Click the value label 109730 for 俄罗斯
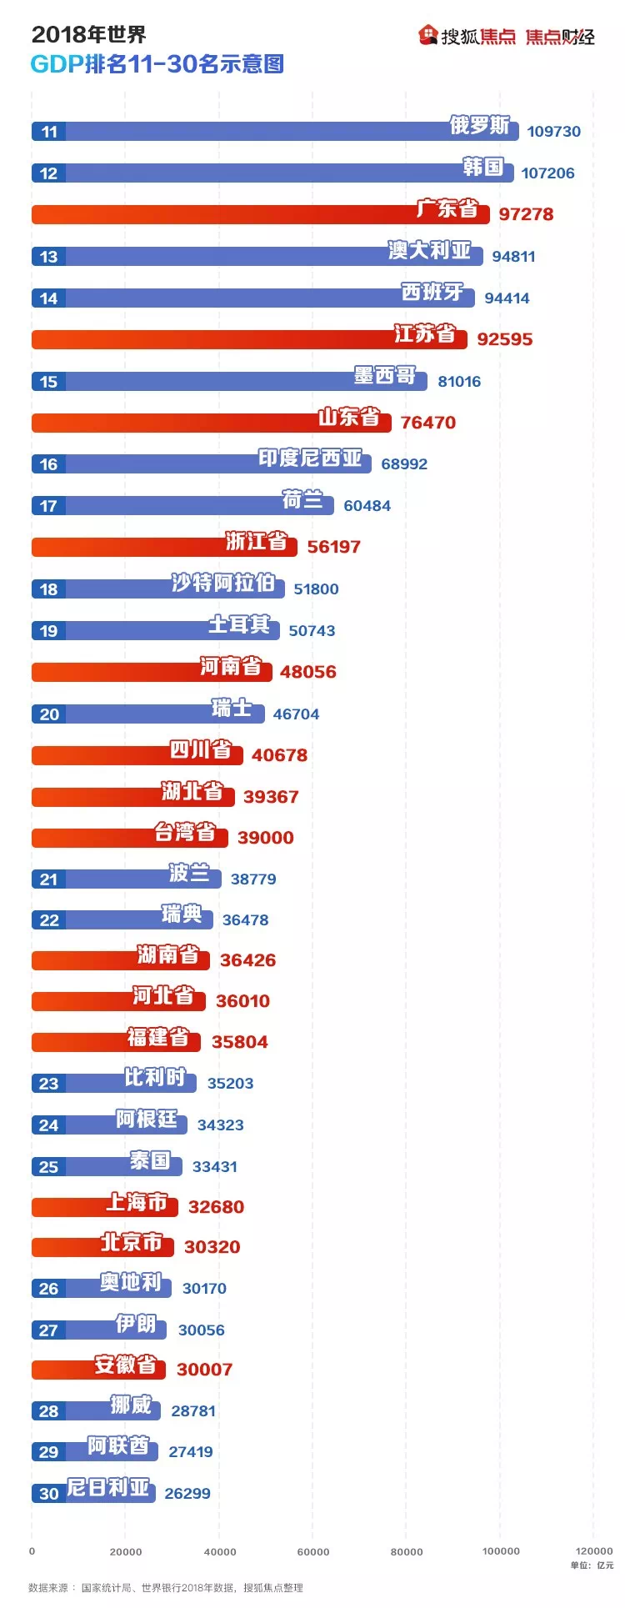(553, 132)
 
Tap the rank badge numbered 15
(49, 382)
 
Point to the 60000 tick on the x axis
(313, 1551)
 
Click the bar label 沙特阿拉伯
(222, 584)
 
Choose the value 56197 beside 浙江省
(333, 547)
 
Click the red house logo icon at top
(428, 35)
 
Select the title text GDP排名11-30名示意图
(157, 64)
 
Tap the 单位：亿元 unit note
(592, 1565)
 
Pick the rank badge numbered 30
(49, 1494)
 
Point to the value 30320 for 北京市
(212, 1247)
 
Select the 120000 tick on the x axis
(593, 1551)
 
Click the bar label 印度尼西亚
(310, 458)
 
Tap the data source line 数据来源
(166, 1588)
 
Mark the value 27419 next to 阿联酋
(190, 1452)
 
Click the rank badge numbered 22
(49, 920)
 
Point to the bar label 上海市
(137, 1202)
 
